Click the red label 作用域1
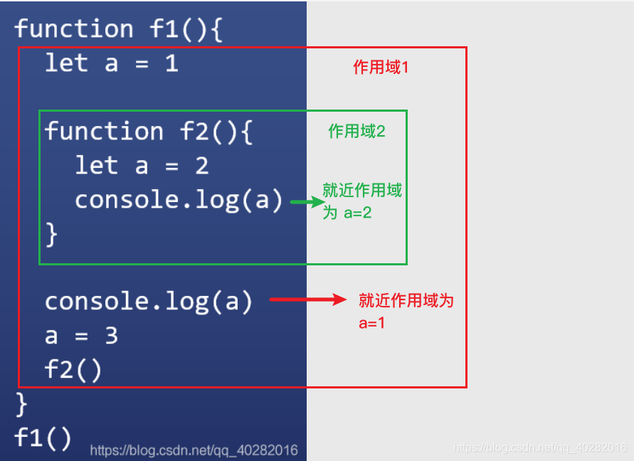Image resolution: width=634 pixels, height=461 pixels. pyautogui.click(x=381, y=67)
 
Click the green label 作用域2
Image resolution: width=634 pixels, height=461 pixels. pyautogui.click(x=356, y=131)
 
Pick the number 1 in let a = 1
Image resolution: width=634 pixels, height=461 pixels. pyautogui.click(x=171, y=63)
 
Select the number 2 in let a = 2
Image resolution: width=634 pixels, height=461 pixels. pyautogui.click(x=201, y=166)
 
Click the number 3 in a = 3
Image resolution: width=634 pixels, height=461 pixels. pyautogui.click(x=111, y=336)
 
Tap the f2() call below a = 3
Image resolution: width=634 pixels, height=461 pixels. pyautogui.click(x=73, y=370)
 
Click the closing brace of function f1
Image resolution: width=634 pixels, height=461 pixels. pyautogui.click(x=21, y=404)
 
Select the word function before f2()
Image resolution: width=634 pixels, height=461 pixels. pyautogui.click(x=104, y=132)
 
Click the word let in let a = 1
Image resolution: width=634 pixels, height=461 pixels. pyautogui.click(x=66, y=63)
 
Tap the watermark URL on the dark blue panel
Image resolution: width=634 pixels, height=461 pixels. pyautogui.click(x=194, y=450)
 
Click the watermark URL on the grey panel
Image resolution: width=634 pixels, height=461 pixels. pyautogui.click(x=540, y=447)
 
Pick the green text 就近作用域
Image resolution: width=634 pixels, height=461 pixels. pyautogui.click(x=362, y=191)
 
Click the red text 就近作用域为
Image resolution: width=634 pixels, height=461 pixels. pyautogui.click(x=406, y=300)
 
